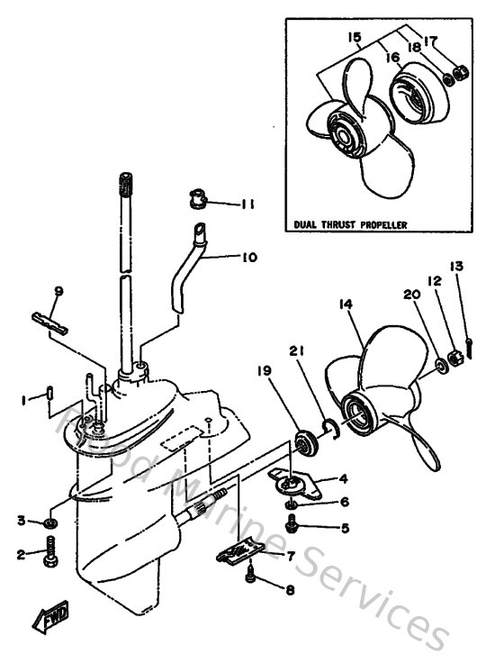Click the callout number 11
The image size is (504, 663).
pos(247,204)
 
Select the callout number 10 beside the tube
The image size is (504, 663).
pos(247,257)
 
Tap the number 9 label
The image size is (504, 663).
pos(58,291)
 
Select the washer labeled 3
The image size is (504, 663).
pos(51,523)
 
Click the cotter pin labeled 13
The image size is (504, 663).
pos(471,345)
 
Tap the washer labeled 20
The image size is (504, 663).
pos(441,365)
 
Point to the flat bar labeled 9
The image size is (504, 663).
pos(51,322)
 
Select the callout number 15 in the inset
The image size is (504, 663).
pos(354,37)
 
